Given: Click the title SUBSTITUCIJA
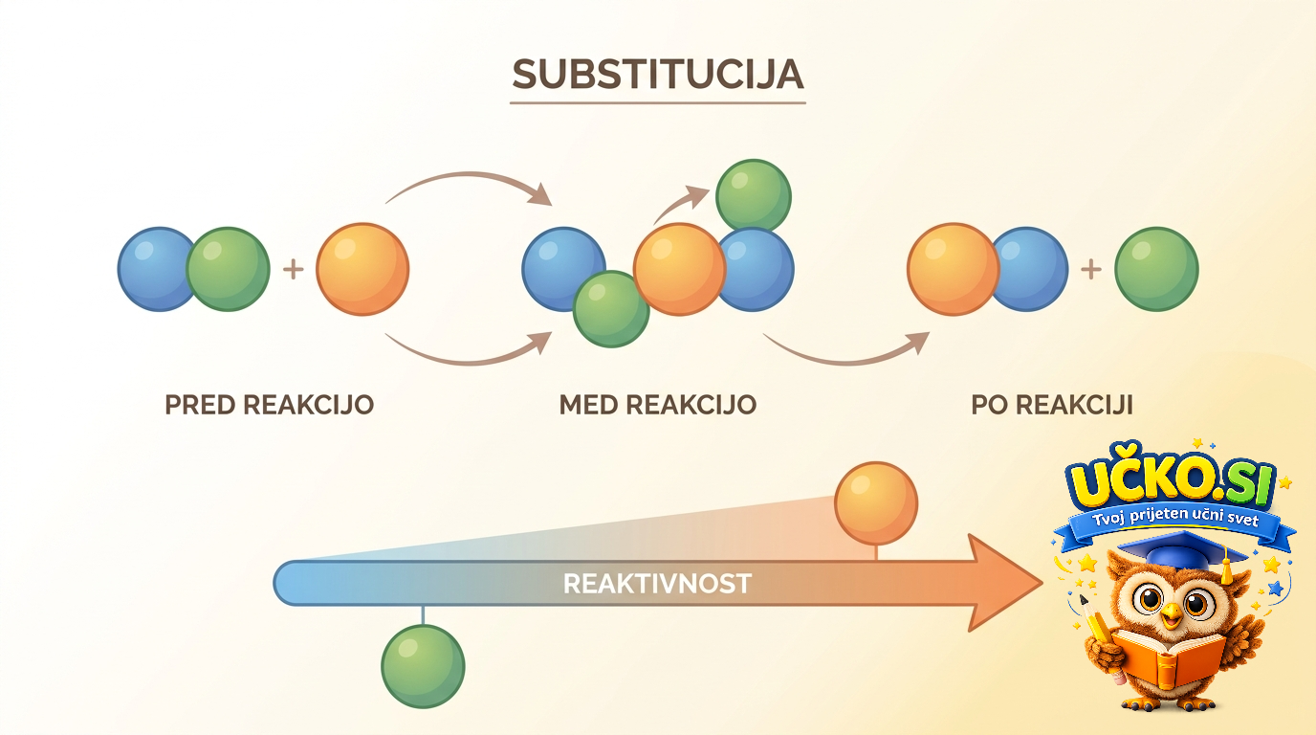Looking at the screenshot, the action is [x=657, y=74].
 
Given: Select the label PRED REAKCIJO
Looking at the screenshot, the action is [x=269, y=405].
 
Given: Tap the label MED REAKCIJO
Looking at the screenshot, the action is [x=657, y=405].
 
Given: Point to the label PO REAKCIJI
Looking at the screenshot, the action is [x=1052, y=405].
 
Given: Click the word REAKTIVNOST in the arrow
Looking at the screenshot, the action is [x=657, y=584].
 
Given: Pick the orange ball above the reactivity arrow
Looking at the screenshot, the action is [x=876, y=503].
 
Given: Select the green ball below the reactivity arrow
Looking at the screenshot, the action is [x=423, y=666].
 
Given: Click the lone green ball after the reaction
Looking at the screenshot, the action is [x=1156, y=269].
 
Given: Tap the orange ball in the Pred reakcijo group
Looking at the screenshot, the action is [x=362, y=269].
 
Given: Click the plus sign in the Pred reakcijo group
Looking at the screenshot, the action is [x=294, y=270].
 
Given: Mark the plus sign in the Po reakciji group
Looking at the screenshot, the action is [x=1091, y=270].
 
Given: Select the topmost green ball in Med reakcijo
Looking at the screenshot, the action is [x=754, y=196].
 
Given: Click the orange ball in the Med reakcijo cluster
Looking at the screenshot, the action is [x=680, y=269].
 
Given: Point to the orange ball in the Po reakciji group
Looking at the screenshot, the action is [x=953, y=269].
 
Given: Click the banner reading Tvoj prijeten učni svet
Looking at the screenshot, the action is [x=1175, y=525].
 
